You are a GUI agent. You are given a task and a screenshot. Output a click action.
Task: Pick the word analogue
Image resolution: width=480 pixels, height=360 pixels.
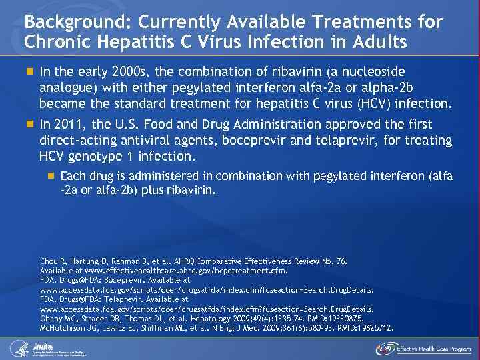click(67, 87)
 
